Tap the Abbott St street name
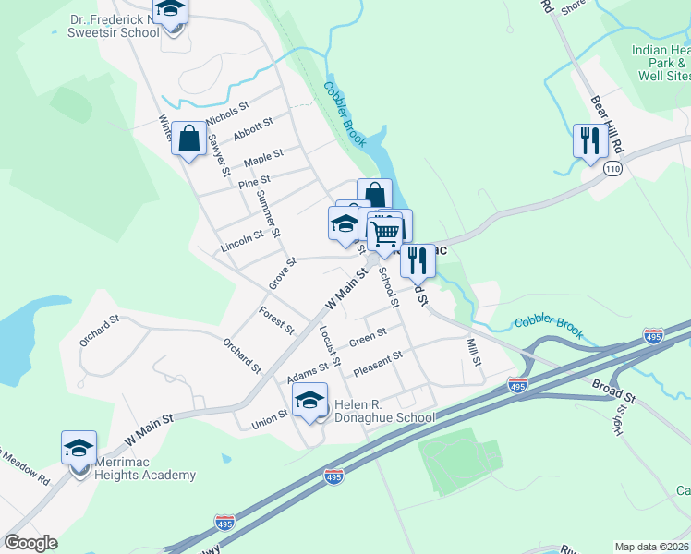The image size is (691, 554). tap(253, 128)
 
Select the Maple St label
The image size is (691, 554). tap(263, 158)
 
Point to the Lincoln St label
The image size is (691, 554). tap(243, 242)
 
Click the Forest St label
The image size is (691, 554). tap(276, 319)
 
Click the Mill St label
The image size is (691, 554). tap(474, 351)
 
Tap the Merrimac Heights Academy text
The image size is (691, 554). tap(137, 475)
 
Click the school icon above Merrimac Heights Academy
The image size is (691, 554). tap(79, 448)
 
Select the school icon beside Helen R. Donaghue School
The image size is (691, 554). tap(309, 400)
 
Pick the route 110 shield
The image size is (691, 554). tap(612, 169)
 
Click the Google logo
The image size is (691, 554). tap(30, 543)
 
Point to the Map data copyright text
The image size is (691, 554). tap(652, 547)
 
